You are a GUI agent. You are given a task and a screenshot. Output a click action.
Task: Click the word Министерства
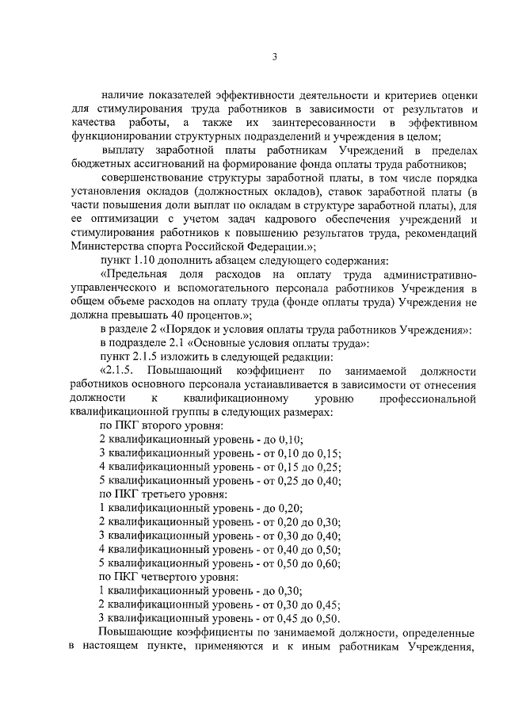[x=109, y=246]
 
